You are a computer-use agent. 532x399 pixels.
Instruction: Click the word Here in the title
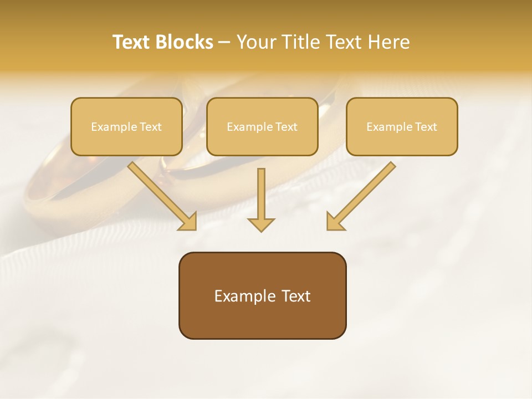(387, 42)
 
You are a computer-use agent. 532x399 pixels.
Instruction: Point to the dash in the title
(224, 43)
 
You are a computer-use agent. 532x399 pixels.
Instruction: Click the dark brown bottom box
(262, 321)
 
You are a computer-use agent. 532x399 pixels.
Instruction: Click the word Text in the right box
(426, 127)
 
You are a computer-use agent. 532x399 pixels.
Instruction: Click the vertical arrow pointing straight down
(261, 194)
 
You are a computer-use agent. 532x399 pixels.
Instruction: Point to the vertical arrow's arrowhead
(261, 224)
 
